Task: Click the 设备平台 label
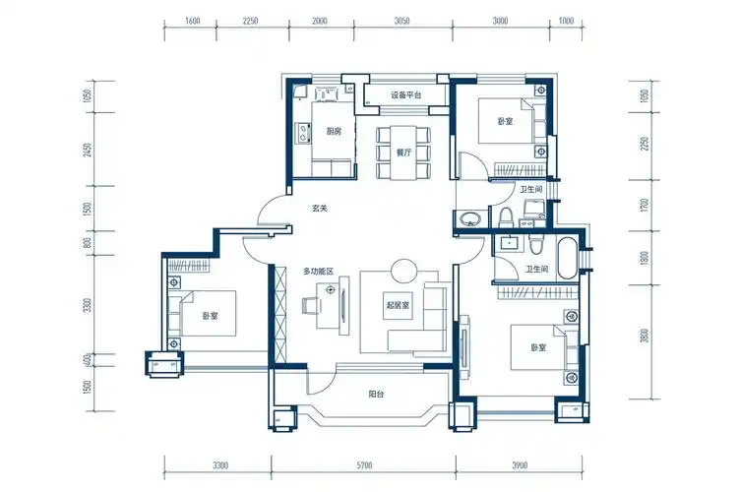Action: tap(405, 95)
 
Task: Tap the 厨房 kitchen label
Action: tap(334, 132)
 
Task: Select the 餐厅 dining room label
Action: tap(403, 153)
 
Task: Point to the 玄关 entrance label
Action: tap(320, 209)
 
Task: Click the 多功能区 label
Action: tap(318, 272)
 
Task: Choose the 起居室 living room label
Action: tap(398, 305)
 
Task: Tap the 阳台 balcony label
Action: tap(376, 394)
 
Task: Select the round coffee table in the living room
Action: tap(403, 271)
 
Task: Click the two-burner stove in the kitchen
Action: tap(302, 133)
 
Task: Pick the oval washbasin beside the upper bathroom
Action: tap(470, 218)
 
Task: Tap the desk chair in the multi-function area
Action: tap(311, 305)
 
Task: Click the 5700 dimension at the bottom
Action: tap(364, 465)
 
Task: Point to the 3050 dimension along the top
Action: tap(402, 21)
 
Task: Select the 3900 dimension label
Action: tap(520, 465)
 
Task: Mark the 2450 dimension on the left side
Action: tap(88, 150)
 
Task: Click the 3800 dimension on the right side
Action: tap(645, 336)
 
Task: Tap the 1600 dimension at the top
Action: tap(193, 21)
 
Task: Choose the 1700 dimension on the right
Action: tap(645, 206)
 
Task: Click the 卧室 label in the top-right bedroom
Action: tap(505, 121)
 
